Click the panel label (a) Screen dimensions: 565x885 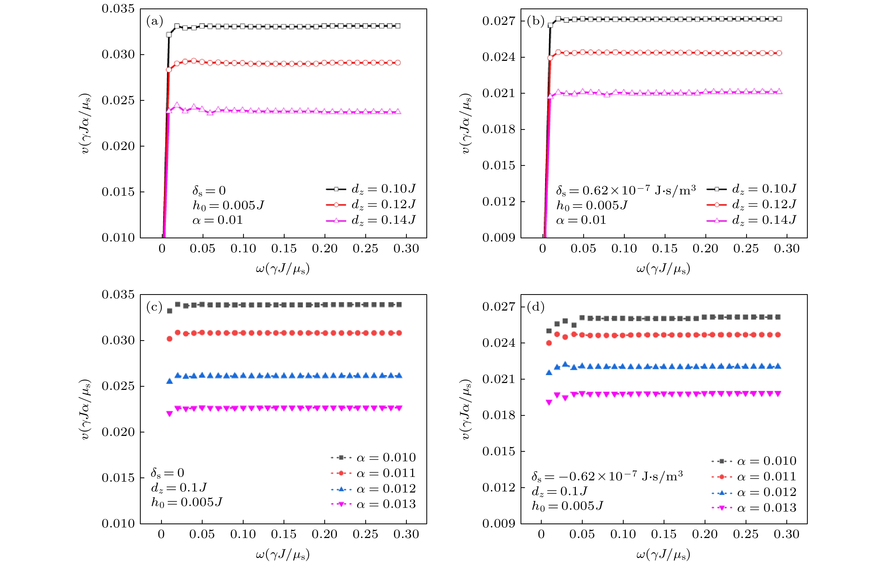point(154,21)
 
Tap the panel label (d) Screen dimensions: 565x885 point(535,307)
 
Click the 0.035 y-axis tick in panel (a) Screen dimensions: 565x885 point(118,9)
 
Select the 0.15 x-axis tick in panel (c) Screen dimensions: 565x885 point(283,534)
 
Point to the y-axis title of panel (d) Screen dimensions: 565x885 point(466,409)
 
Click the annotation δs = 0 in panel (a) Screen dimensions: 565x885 point(209,191)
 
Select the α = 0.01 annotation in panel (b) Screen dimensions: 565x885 point(581,220)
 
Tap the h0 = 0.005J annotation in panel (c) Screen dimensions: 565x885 point(187,502)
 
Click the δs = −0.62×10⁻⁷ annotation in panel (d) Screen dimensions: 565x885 point(607,477)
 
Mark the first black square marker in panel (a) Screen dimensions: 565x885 point(169,35)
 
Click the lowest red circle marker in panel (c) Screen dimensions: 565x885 point(170,339)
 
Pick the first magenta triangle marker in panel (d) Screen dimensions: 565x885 point(549,402)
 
